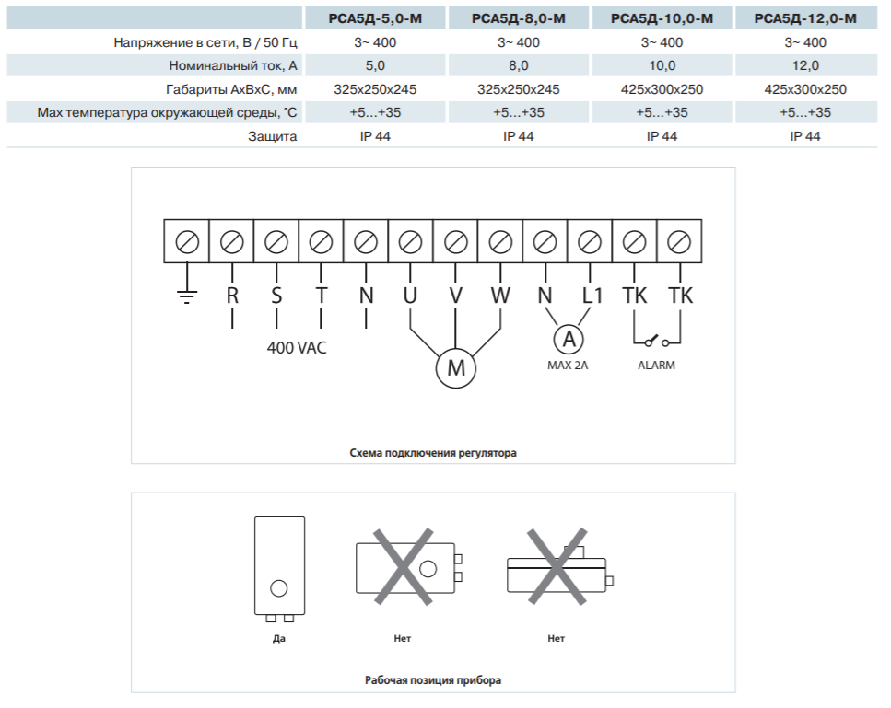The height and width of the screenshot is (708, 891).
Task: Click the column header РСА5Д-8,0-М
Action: (x=518, y=18)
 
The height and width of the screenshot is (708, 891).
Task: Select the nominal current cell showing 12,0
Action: (x=805, y=66)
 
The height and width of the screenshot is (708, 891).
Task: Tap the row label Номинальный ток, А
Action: (x=233, y=66)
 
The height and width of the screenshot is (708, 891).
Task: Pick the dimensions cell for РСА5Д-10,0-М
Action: (x=662, y=89)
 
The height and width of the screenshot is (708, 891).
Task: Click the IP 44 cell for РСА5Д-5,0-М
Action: (x=375, y=136)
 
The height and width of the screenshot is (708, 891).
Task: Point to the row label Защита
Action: (x=272, y=136)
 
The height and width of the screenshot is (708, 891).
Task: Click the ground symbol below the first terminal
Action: (x=187, y=296)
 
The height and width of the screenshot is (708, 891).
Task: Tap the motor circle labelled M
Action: (x=456, y=368)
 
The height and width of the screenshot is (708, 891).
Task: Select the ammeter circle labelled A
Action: (x=569, y=339)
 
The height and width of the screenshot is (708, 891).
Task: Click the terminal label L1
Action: (x=592, y=296)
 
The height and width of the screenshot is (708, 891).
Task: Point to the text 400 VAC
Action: (x=297, y=347)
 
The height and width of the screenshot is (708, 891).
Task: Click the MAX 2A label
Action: (x=568, y=366)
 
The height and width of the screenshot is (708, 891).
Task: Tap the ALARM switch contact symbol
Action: (x=657, y=342)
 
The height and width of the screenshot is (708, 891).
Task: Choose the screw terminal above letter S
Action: (x=276, y=242)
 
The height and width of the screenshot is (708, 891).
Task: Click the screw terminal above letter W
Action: (x=500, y=242)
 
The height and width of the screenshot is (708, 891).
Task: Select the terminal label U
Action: (x=410, y=296)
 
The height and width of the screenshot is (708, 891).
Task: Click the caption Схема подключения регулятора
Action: (x=433, y=453)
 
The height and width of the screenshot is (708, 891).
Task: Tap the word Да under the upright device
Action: (x=279, y=639)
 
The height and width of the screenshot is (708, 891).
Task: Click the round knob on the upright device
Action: (x=279, y=588)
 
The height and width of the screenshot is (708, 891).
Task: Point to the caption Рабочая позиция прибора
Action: (x=433, y=680)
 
